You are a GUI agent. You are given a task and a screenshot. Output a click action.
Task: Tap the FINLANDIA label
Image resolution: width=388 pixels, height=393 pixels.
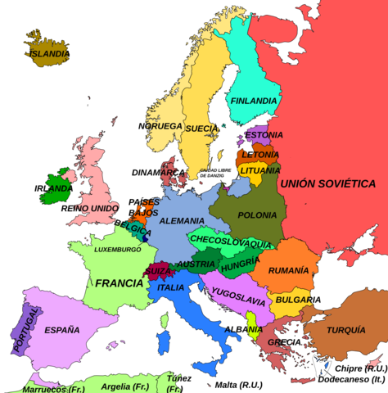click(x=253, y=101)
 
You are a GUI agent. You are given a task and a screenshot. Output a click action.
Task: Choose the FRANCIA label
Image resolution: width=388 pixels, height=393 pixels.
click(x=119, y=283)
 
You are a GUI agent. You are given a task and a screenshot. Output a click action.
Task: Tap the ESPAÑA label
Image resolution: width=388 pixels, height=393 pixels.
click(x=62, y=330)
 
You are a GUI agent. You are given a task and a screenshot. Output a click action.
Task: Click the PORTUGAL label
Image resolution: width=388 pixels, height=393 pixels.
click(x=20, y=332)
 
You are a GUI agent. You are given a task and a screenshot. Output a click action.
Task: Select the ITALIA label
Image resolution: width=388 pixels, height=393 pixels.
click(x=170, y=288)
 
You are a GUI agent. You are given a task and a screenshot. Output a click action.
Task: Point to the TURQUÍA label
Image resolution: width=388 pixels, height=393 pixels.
click(x=345, y=330)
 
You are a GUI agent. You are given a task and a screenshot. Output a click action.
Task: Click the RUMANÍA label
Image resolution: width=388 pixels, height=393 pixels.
click(x=288, y=270)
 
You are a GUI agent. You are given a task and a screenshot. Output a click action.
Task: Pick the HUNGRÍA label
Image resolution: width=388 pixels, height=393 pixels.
click(x=240, y=264)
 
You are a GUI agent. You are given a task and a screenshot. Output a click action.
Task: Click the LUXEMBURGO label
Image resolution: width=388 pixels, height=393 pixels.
click(x=117, y=249)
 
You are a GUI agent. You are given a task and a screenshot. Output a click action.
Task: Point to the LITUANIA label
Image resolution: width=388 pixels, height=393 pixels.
click(x=260, y=170)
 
